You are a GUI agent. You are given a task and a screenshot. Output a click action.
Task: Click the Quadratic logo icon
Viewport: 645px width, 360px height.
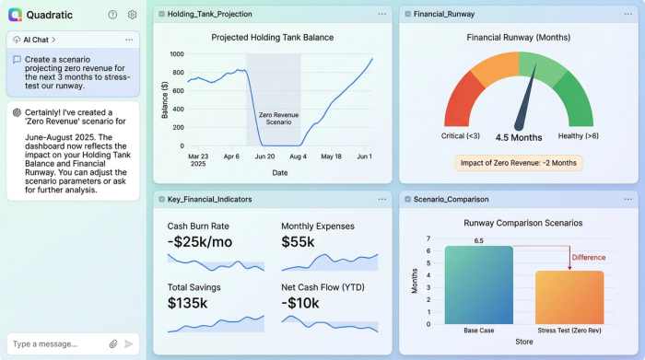point(15,15)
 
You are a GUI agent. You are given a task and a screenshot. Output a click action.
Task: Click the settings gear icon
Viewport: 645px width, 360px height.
point(132,15)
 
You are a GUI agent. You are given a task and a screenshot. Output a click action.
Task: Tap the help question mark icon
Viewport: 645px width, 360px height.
point(112,15)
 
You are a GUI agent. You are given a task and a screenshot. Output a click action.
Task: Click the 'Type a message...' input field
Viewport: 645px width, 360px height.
point(55,343)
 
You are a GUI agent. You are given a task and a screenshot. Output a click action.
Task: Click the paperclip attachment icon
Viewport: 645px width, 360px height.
point(113,343)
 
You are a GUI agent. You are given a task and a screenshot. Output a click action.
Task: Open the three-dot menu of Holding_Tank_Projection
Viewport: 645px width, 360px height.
point(381,14)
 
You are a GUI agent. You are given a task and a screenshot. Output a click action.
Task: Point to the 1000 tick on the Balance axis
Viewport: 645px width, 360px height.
point(177,54)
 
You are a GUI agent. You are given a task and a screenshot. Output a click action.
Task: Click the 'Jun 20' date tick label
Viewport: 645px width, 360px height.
point(264,157)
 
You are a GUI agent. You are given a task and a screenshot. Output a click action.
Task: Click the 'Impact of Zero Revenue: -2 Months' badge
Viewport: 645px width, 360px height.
point(519,163)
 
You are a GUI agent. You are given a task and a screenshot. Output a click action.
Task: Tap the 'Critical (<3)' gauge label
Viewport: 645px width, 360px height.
point(461,135)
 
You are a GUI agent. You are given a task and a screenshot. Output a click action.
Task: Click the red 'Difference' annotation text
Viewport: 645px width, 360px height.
point(590,257)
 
